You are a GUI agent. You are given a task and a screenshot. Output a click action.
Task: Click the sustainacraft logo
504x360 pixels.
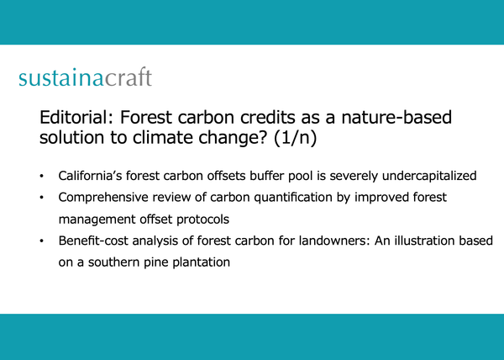point(85,79)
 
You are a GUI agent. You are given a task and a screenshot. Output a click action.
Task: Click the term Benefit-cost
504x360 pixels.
point(93,241)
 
